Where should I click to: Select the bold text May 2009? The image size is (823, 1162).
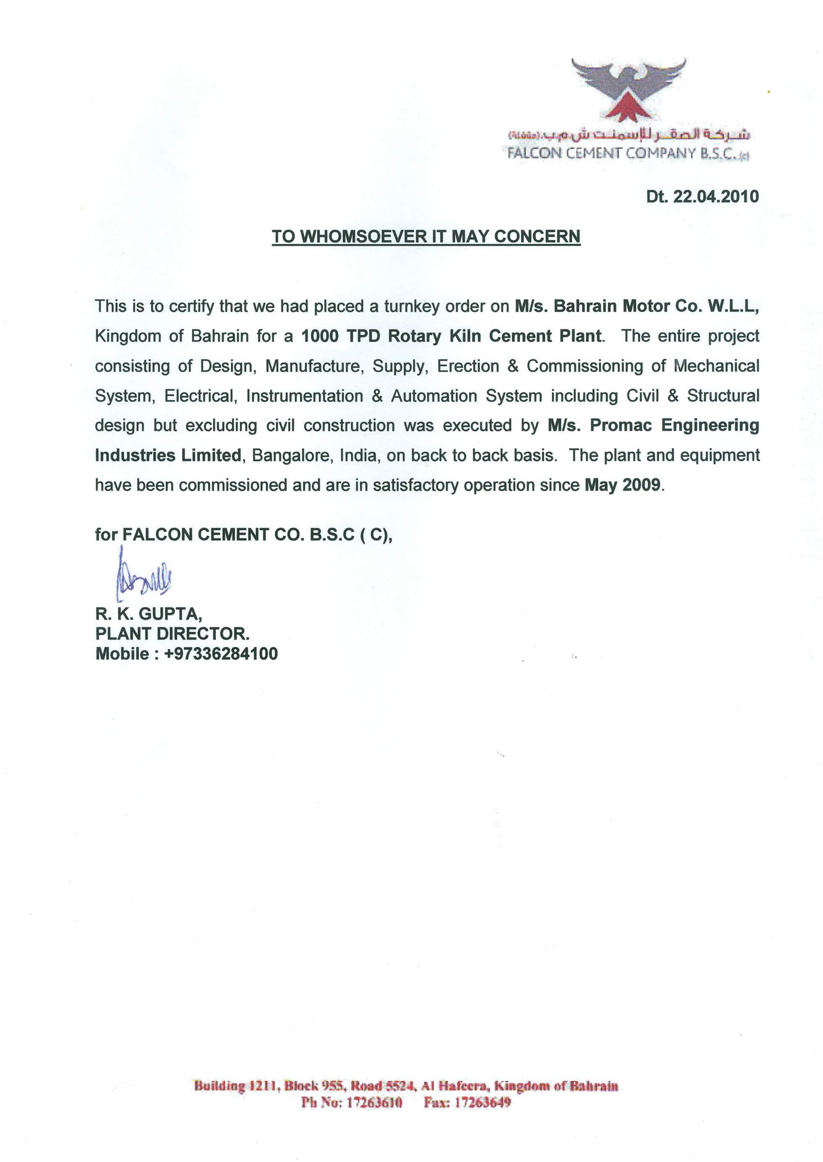[623, 485]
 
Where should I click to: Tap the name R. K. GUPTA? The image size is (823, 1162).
[148, 614]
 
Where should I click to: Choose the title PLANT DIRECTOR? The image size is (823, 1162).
[172, 634]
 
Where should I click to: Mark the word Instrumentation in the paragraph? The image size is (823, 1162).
[304, 396]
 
